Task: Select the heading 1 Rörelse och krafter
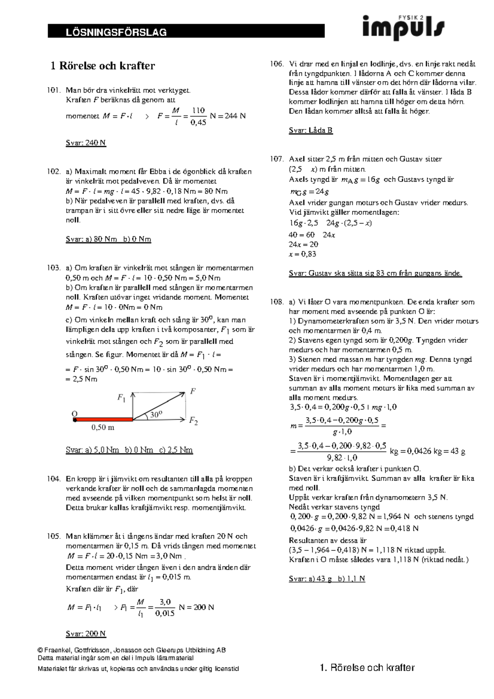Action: pos(102,65)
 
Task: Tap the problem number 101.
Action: pos(54,90)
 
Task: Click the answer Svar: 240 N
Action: pos(86,143)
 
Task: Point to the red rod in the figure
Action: pos(103,419)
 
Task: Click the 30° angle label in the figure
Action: pos(156,415)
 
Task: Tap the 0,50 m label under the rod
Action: pos(103,428)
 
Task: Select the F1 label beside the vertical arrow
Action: pos(121,398)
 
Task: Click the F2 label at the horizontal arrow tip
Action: pos(193,421)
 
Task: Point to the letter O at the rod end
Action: pos(75,413)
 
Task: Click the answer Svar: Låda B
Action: pos(310,130)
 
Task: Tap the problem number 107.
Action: pos(277,159)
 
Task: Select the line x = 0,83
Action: pos(302,254)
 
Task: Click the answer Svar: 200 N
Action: pos(86,634)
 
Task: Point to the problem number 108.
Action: pos(277,302)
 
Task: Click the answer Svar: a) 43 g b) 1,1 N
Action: pos(327,578)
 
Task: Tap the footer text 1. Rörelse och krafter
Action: pos(367,668)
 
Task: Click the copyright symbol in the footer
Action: pos(40,651)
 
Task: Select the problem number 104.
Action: pos(54,479)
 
